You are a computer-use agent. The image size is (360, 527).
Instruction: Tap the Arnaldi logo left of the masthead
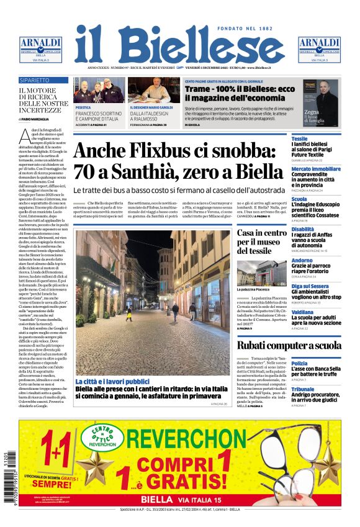point(40,49)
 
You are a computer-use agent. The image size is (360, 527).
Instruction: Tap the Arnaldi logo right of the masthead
point(320,49)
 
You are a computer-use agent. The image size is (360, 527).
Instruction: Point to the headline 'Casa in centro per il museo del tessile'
point(261,241)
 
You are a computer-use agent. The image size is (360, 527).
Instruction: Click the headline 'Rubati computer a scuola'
point(289,346)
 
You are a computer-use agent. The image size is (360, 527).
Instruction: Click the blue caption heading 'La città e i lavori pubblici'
point(112,381)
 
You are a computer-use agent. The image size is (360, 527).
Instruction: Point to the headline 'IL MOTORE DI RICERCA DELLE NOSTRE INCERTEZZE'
point(43,100)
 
